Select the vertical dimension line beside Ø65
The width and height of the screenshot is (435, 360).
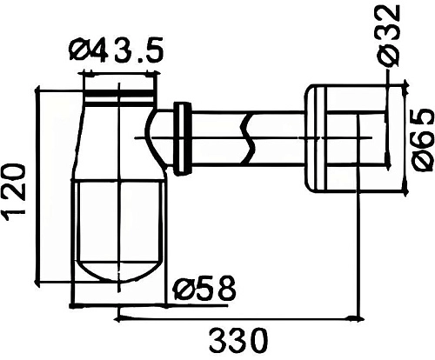click(406, 139)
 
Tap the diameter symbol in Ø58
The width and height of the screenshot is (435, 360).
click(183, 289)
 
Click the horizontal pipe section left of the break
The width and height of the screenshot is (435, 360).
click(217, 137)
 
